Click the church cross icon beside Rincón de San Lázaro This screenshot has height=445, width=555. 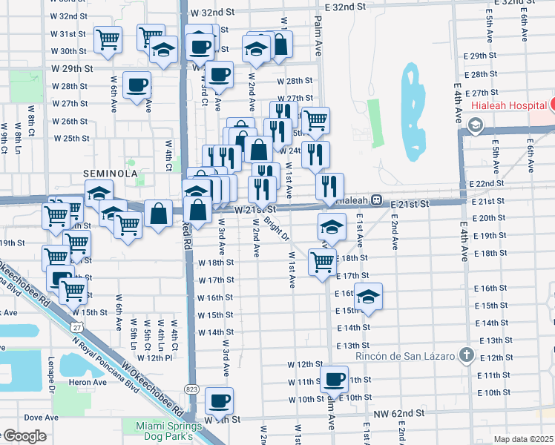pyautogui.click(x=465, y=355)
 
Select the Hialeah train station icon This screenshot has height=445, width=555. pyautogui.click(x=377, y=200)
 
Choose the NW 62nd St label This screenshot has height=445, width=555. pyautogui.click(x=398, y=412)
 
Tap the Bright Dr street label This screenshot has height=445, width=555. pyautogui.click(x=276, y=227)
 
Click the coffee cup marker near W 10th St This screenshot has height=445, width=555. pyautogui.click(x=334, y=380)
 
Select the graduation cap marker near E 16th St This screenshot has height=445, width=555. pyautogui.click(x=368, y=297)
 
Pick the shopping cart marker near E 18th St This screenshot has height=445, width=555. pyautogui.click(x=322, y=262)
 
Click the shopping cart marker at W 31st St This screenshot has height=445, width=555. pyautogui.click(x=108, y=40)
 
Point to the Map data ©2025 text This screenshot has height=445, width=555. pyautogui.click(x=524, y=439)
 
